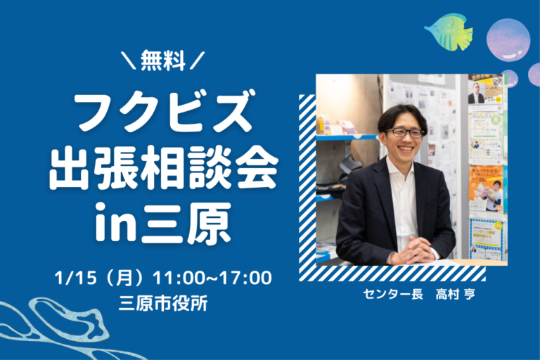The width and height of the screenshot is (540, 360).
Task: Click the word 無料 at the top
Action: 163,60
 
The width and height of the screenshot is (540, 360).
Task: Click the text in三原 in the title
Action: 163,222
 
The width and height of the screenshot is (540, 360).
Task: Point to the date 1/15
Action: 75,278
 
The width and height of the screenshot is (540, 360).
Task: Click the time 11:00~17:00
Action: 212,278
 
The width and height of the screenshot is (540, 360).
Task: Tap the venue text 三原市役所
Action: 163,304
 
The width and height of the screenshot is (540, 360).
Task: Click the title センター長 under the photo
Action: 393,295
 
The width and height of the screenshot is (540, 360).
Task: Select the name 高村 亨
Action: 456,295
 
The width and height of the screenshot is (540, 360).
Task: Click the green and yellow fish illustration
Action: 449,32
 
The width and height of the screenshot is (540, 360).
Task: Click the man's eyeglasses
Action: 405,133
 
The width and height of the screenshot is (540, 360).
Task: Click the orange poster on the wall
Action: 486,188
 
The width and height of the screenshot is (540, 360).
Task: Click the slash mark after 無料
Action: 198,60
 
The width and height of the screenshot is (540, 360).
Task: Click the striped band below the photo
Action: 392,274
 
